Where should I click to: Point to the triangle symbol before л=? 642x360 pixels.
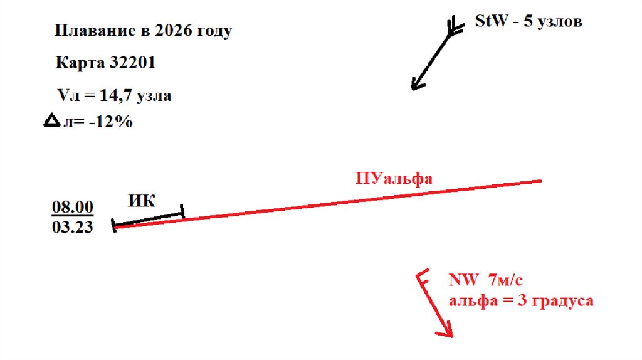50,122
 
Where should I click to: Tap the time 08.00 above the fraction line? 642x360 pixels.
72,206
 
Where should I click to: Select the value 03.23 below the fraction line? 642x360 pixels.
72,226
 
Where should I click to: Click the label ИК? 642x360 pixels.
142,201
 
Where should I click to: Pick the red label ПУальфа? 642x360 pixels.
394,178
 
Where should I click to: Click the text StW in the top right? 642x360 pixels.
489,21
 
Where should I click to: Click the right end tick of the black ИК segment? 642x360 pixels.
182,212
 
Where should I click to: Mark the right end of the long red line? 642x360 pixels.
540,181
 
